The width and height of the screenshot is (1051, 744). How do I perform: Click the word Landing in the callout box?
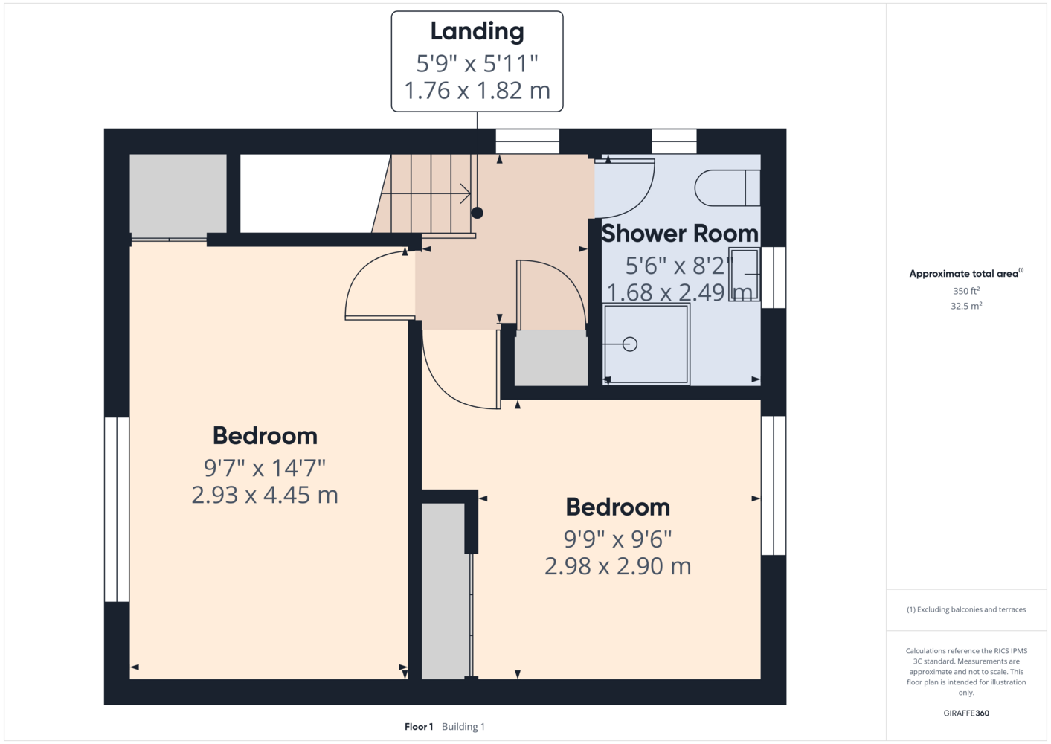[x=478, y=32]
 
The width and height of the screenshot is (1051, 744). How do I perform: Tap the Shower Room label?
[x=679, y=234]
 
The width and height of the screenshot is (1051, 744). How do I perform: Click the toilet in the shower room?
[x=727, y=187]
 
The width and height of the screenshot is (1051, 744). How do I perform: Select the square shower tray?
[x=646, y=344]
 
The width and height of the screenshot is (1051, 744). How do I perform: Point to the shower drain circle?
[x=630, y=344]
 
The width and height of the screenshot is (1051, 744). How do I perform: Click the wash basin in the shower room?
[x=745, y=274]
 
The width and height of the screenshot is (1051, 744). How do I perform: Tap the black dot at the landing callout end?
[x=478, y=213]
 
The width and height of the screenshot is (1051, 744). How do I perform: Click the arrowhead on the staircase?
[x=466, y=193]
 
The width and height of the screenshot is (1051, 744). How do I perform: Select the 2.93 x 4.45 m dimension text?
[x=265, y=496]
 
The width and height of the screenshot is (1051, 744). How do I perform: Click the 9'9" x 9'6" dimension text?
[x=617, y=539]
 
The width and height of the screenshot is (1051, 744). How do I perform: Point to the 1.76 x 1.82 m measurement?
[x=478, y=91]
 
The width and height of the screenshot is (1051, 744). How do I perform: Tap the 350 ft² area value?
[x=966, y=291]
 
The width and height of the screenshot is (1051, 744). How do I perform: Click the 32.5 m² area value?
[x=966, y=306]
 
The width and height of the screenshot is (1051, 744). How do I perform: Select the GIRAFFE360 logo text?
[x=966, y=713]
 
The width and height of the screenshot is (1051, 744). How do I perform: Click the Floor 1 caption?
[x=419, y=727]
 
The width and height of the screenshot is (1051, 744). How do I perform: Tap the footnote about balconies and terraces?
[x=966, y=609]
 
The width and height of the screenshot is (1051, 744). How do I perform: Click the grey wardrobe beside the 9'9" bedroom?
[x=445, y=591]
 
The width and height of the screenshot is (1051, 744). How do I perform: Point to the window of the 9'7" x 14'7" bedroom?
[x=116, y=510]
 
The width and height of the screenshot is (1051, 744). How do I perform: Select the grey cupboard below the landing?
[x=551, y=358]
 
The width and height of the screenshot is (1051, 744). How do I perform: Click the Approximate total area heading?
[x=966, y=274]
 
